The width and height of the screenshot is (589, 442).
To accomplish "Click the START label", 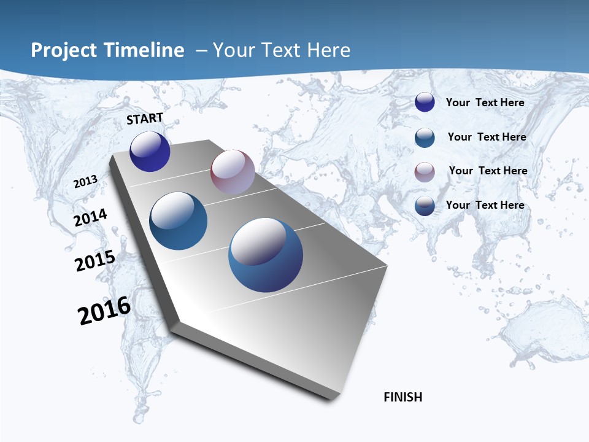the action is click(x=145, y=118).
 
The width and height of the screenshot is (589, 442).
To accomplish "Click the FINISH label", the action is click(x=402, y=397).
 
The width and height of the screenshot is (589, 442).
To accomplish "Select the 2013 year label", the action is click(x=85, y=182).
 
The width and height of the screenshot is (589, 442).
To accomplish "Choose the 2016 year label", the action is click(x=104, y=311).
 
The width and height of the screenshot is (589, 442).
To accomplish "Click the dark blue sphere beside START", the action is click(x=150, y=152).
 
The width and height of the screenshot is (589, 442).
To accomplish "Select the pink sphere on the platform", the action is click(x=233, y=172).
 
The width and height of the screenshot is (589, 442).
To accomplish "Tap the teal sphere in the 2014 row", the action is click(x=179, y=221).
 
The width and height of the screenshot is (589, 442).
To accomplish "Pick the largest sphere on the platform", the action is click(x=266, y=255).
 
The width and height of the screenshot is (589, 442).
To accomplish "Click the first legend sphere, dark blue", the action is click(x=425, y=103).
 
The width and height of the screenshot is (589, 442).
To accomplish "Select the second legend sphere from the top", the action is click(x=425, y=138).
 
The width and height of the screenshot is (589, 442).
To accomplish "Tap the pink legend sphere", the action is click(x=425, y=172).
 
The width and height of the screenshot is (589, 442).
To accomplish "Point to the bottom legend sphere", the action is click(x=425, y=206).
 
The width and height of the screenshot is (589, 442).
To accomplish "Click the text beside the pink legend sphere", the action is click(x=488, y=171).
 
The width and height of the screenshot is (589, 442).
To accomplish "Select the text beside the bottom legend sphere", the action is click(x=485, y=205).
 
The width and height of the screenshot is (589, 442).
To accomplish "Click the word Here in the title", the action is click(x=328, y=50).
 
